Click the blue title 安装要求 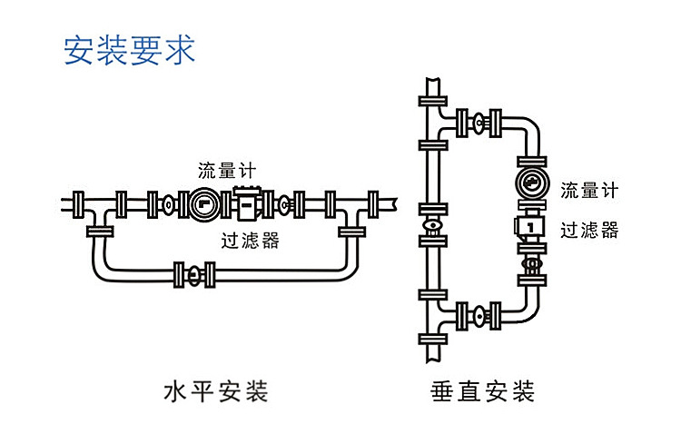129,50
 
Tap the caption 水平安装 214,392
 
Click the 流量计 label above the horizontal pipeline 228,171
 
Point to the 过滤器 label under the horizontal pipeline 250,241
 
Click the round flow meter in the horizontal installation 203,204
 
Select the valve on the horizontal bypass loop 192,271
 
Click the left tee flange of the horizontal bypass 100,232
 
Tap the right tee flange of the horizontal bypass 351,232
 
